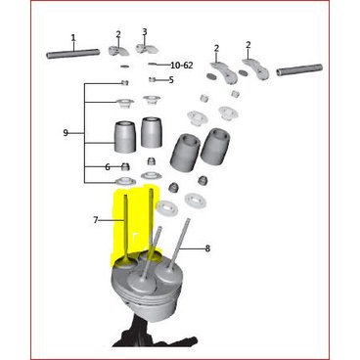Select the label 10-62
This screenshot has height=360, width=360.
182,65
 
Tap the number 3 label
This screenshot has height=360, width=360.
145,31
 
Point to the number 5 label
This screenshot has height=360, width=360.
170,80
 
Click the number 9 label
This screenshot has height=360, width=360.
66,132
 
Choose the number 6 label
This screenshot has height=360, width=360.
108,167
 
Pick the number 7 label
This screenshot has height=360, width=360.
96,220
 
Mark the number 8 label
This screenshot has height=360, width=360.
207,248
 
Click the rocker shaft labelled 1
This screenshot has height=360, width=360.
73,54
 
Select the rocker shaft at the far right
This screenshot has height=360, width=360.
298,70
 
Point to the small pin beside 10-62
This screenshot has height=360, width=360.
156,64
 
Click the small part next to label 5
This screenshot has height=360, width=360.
153,80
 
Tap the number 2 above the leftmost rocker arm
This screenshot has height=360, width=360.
118,34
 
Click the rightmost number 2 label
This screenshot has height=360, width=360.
248,45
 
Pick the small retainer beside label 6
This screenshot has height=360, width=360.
125,166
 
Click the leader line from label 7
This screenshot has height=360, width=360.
110,220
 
